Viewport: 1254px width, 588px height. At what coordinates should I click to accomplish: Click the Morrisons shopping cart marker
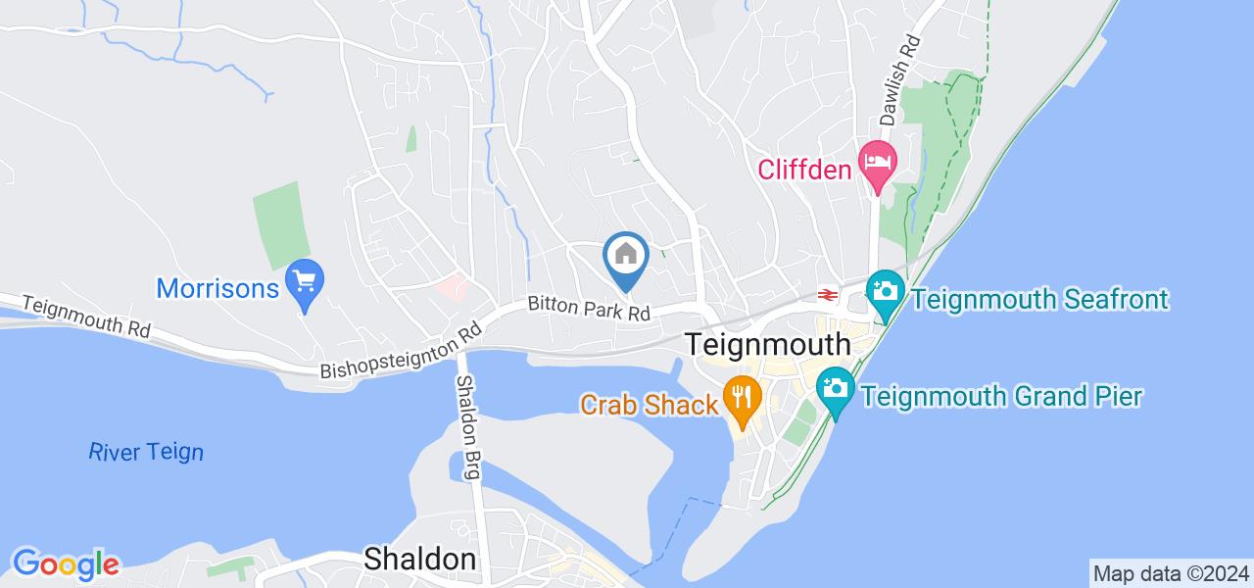305,283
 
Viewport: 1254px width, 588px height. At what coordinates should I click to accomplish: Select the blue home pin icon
626,257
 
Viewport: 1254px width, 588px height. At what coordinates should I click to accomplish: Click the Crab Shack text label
649,404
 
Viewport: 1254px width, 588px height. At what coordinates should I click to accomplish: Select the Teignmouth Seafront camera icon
885,291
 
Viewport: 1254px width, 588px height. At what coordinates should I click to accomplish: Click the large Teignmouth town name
768,345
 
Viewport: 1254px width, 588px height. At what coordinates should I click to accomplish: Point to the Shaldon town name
419,560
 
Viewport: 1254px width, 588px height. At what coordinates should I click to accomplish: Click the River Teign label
146,452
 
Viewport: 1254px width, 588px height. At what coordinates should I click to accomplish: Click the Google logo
66,564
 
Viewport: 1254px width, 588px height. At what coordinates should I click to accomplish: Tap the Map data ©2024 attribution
1171,573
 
